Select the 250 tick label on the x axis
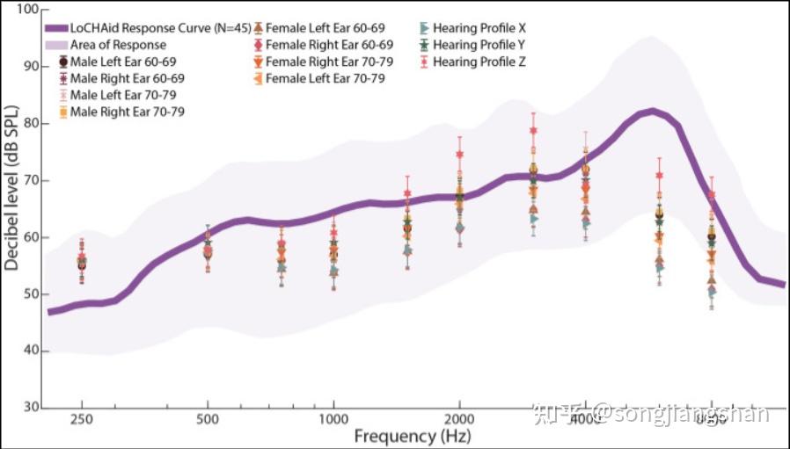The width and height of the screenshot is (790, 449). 82,420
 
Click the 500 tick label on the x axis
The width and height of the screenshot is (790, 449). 208,420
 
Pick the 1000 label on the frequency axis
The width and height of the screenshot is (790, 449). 333,420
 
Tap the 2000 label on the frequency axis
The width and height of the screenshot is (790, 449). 459,420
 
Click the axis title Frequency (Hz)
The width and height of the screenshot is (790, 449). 413,437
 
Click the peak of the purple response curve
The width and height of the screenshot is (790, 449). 651,112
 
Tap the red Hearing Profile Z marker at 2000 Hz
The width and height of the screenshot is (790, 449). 459,154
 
